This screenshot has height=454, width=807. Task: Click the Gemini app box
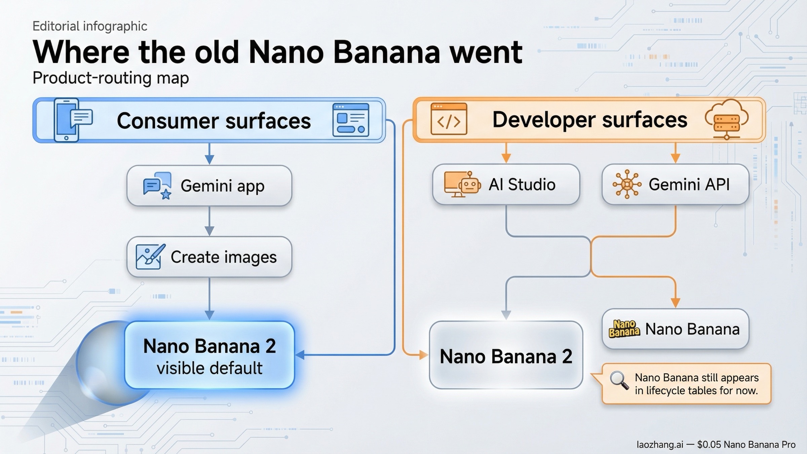click(209, 186)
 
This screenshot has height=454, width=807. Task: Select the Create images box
click(209, 257)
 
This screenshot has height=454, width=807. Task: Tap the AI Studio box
click(506, 184)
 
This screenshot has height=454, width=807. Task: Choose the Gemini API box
click(675, 184)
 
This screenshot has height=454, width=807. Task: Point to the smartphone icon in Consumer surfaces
click(67, 120)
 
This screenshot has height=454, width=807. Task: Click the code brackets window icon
click(449, 119)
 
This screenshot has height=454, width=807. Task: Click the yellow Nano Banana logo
click(624, 329)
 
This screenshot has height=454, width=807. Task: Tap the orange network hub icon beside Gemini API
click(627, 184)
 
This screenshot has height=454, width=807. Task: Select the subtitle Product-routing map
click(111, 78)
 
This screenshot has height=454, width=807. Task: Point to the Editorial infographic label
click(90, 26)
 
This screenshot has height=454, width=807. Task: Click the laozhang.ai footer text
click(660, 445)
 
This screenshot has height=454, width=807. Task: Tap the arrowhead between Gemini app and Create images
click(209, 231)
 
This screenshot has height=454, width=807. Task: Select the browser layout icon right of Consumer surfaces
click(351, 120)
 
